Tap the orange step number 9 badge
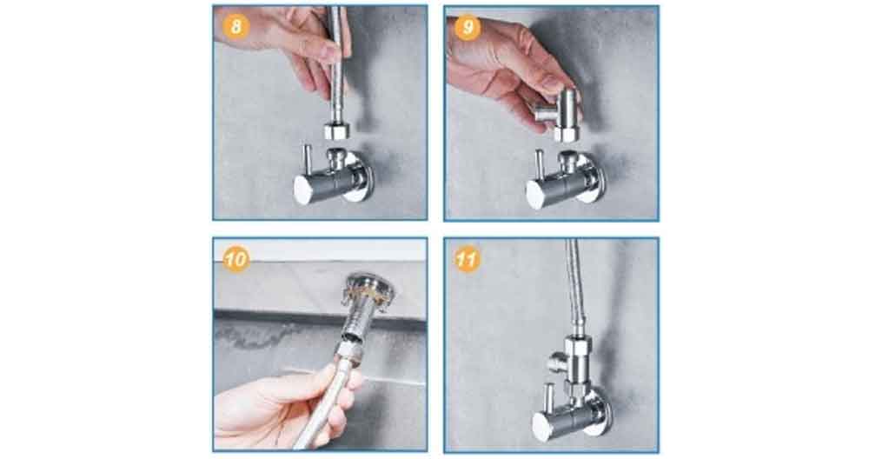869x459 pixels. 468,28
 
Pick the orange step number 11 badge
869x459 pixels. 468,259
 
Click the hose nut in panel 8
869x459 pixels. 336,131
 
